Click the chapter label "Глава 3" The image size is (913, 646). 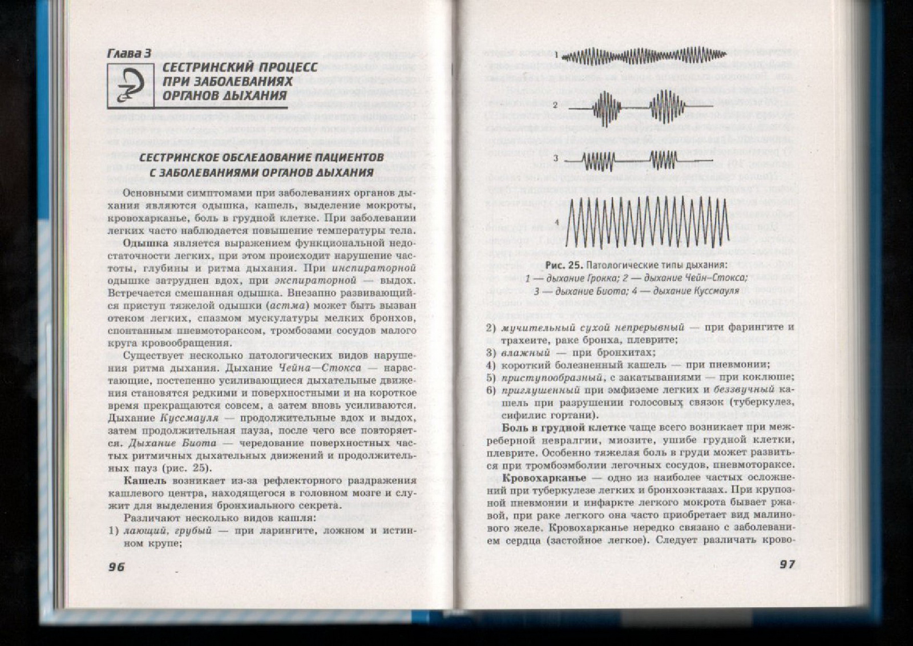[x=129, y=53]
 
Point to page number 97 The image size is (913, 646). [x=787, y=564]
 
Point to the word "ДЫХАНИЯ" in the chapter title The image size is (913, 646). [x=253, y=95]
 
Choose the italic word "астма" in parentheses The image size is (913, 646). [x=290, y=305]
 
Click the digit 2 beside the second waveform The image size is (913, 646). [x=555, y=106]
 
